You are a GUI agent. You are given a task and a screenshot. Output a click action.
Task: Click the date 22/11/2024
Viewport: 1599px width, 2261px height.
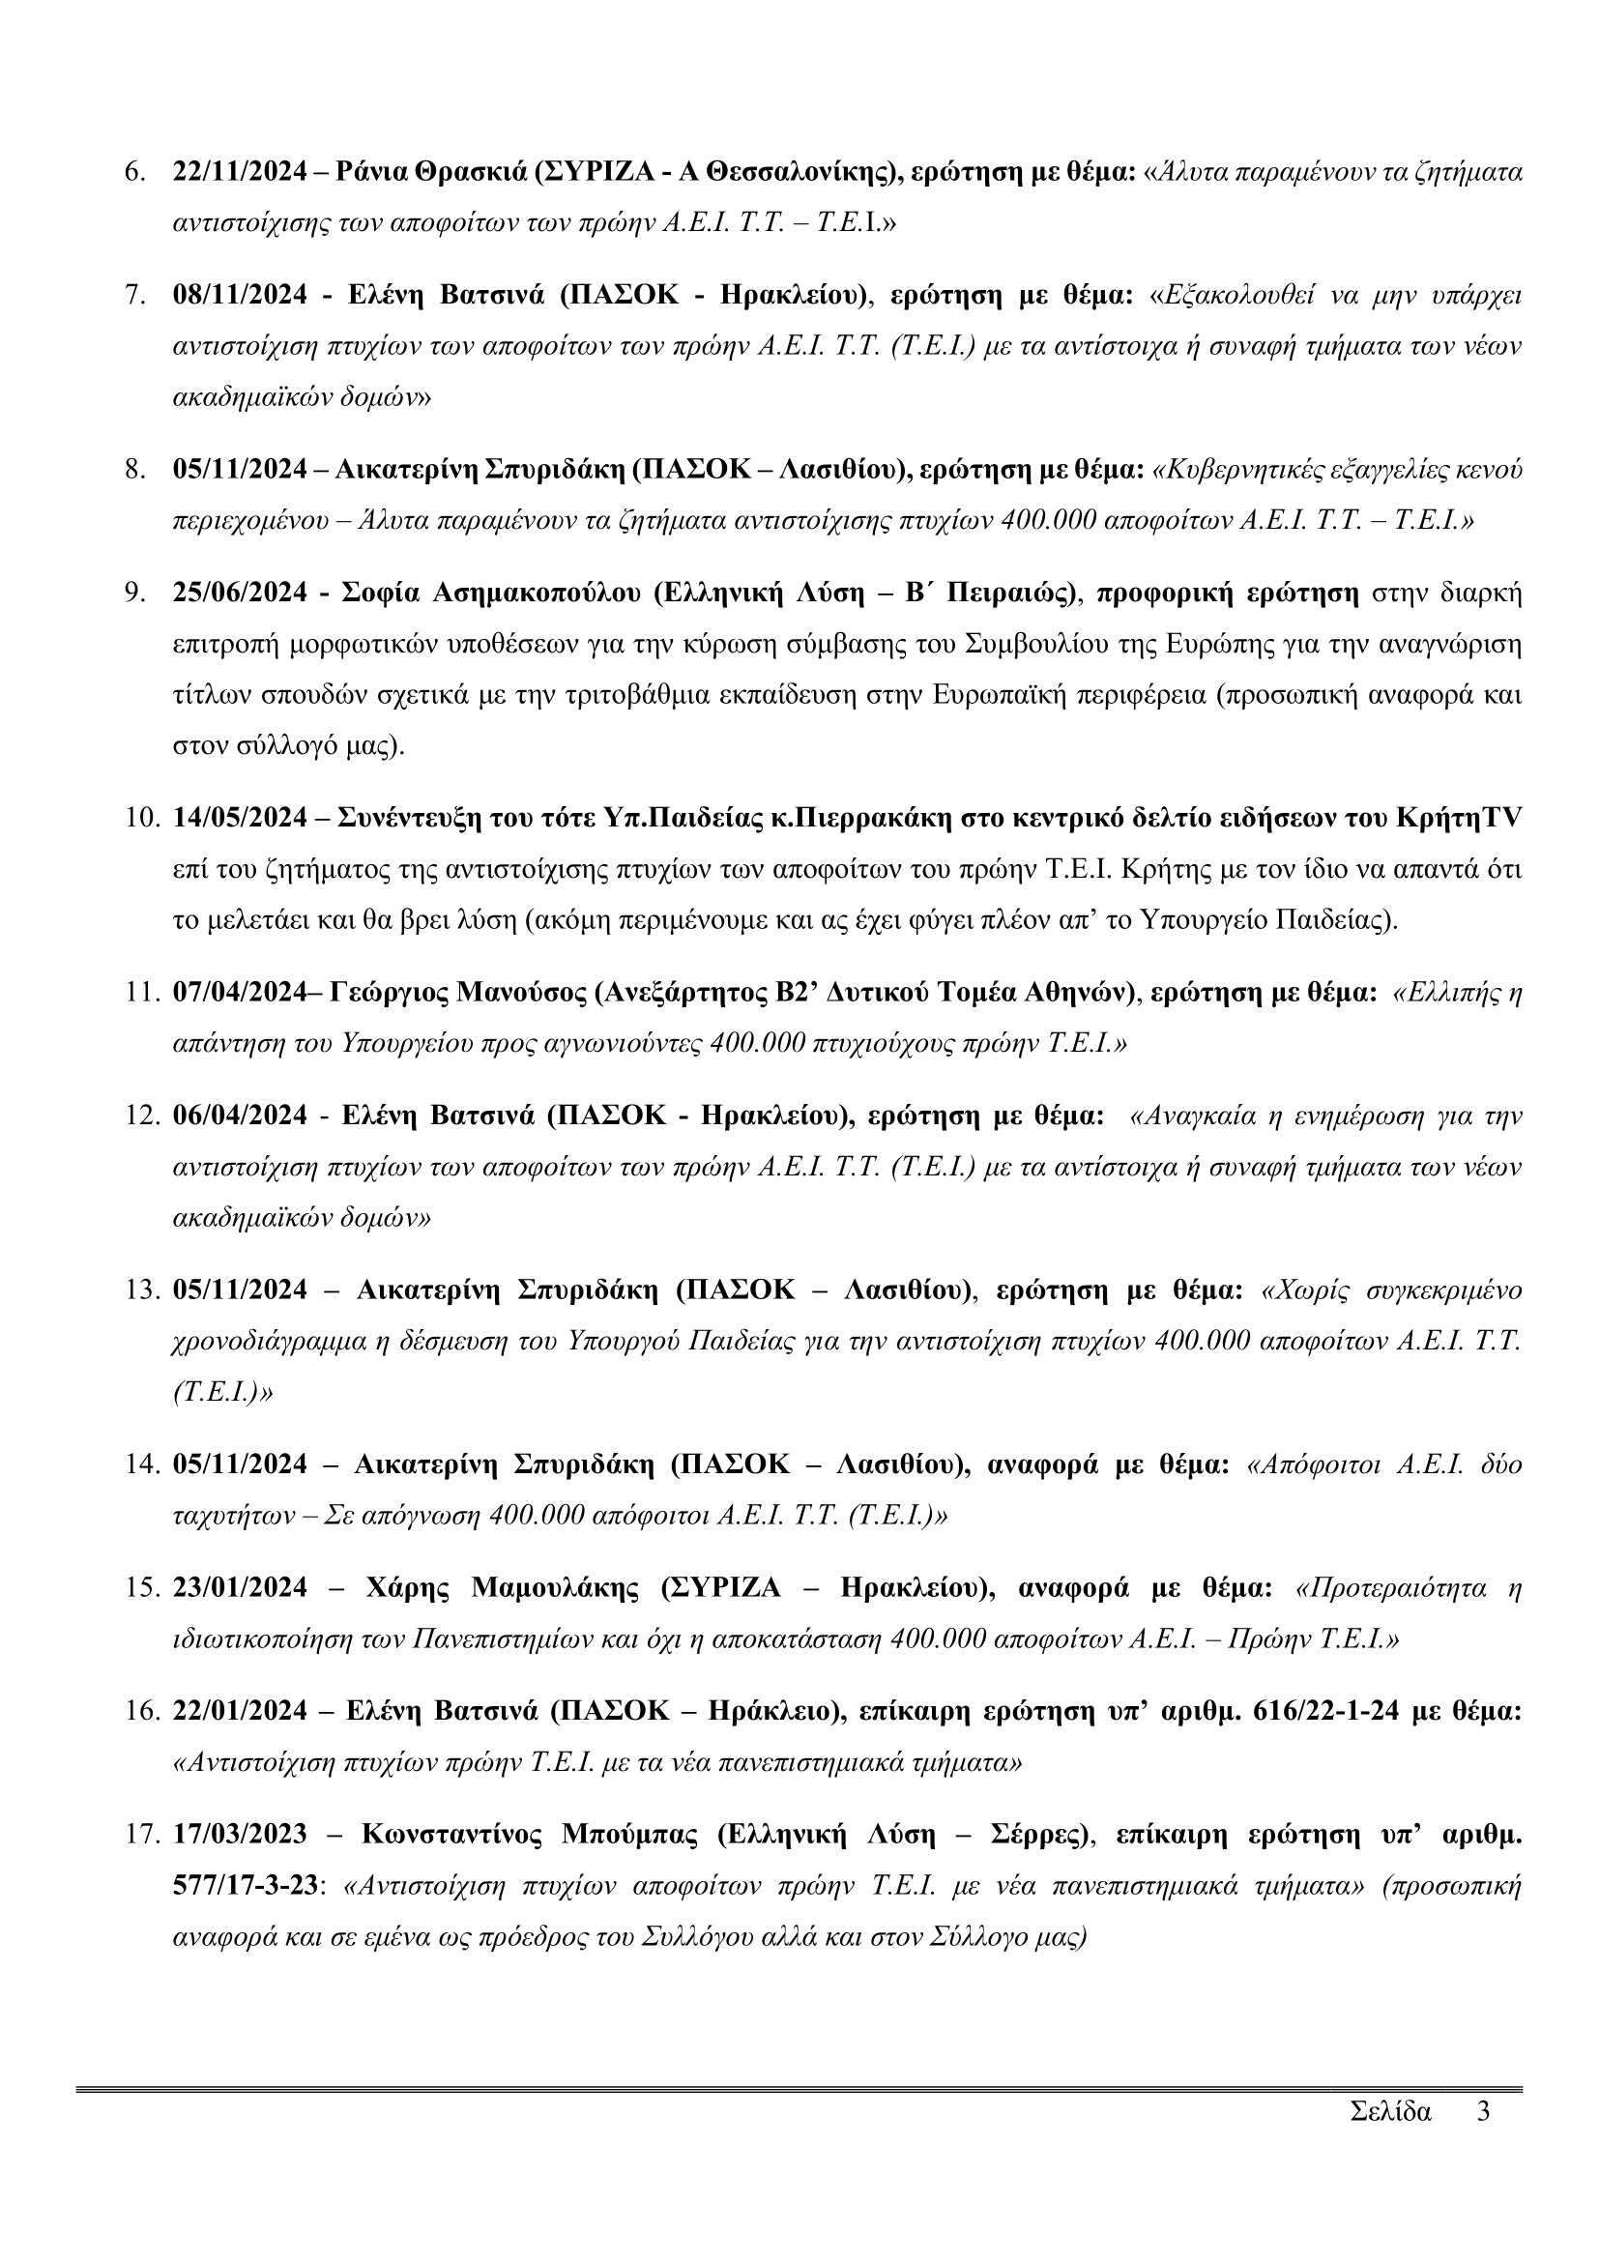241,172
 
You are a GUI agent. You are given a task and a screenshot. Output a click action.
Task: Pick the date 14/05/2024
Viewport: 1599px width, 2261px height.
241,819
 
